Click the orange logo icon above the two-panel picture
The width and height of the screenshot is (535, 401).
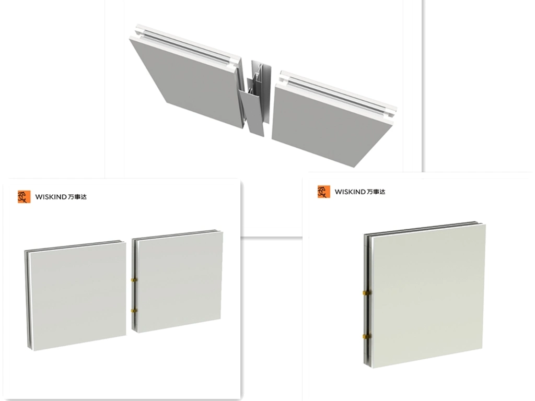(x=24, y=197)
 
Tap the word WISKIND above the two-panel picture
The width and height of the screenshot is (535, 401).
(x=51, y=197)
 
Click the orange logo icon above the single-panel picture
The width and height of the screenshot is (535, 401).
(x=324, y=192)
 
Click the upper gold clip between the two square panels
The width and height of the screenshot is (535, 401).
(x=132, y=280)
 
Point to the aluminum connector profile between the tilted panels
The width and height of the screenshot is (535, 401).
(x=255, y=99)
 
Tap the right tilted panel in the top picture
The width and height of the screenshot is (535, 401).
(x=329, y=120)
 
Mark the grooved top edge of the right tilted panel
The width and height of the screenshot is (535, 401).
(x=340, y=91)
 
